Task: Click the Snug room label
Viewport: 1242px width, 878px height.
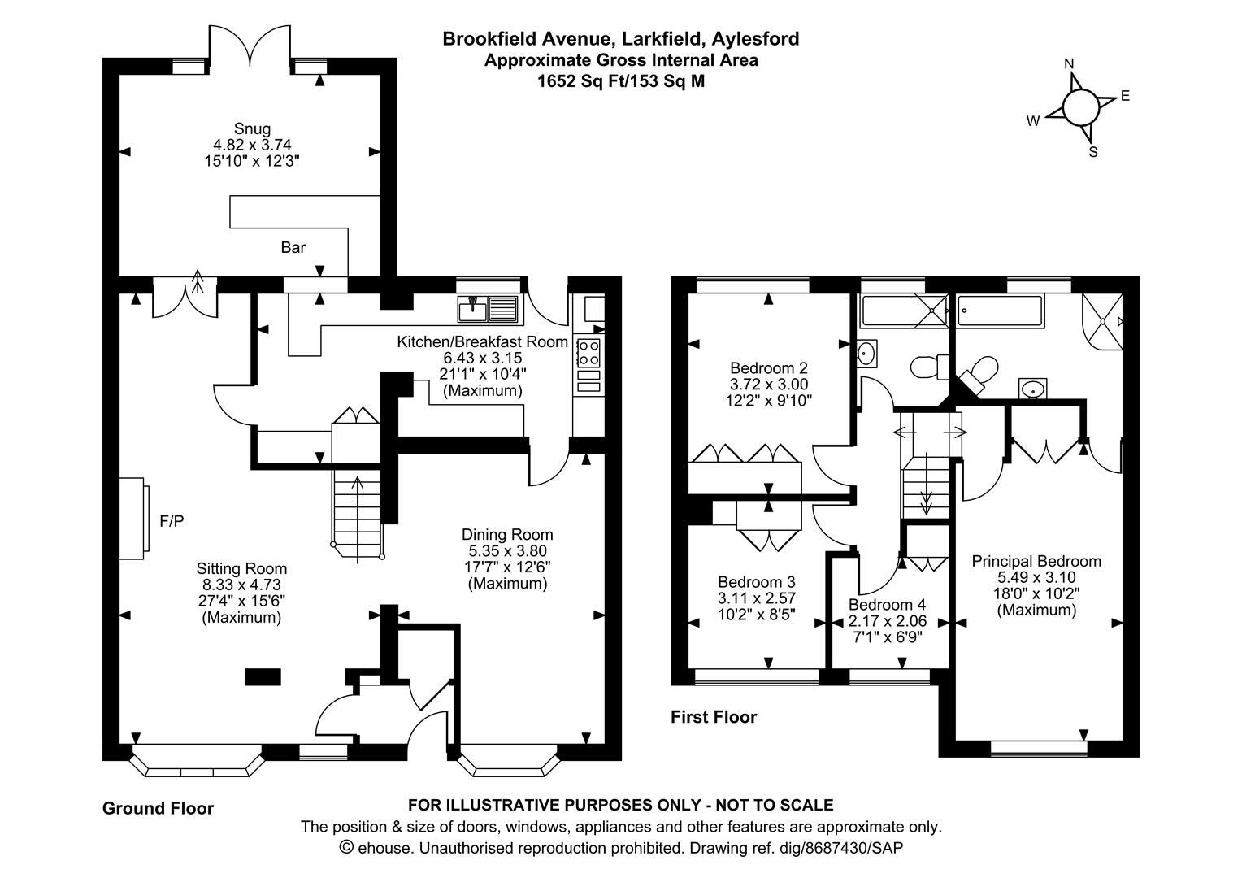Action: (x=252, y=128)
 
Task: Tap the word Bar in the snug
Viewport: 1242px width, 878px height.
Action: (x=293, y=247)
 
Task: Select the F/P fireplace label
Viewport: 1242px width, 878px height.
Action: (x=172, y=521)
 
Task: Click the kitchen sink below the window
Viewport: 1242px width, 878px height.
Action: (x=488, y=310)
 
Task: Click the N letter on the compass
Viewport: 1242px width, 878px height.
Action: (x=1070, y=64)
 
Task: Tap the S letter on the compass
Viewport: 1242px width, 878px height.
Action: (x=1093, y=152)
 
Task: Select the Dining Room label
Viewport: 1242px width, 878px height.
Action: (x=507, y=534)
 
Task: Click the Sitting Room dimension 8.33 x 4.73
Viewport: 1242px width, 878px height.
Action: (x=241, y=585)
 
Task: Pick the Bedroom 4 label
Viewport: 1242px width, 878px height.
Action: (x=887, y=605)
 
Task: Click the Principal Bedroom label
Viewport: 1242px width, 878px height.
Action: (x=1036, y=561)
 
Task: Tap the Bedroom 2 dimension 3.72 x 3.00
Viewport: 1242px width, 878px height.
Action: (x=768, y=384)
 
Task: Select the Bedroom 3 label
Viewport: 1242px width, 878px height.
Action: (x=756, y=582)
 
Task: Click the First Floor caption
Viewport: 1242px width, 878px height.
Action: (x=713, y=717)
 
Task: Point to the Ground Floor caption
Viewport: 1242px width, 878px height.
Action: (x=158, y=808)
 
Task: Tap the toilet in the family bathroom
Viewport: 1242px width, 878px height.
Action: (x=926, y=366)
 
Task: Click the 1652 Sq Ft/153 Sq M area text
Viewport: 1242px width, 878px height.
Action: (x=621, y=81)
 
